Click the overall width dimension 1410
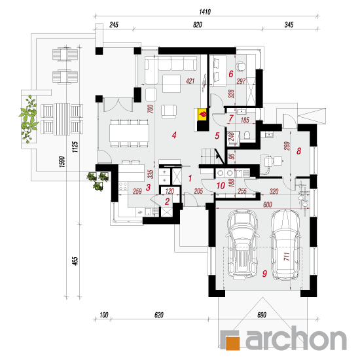tap(205, 12)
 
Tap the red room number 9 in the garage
tap(264, 274)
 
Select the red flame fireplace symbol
tap(203, 114)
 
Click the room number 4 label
tap(174, 135)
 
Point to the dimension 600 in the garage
tap(268, 204)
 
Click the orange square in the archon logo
tap(232, 343)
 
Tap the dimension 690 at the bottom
tap(262, 315)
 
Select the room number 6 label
tap(231, 74)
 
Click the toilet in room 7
tap(247, 135)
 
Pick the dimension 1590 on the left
tap(62, 162)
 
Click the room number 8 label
tap(298, 151)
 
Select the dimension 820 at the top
tap(197, 25)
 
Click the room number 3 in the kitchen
tap(148, 187)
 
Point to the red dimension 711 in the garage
tap(287, 256)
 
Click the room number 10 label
tap(221, 185)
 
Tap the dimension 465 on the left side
tap(75, 261)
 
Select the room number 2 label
tap(167, 202)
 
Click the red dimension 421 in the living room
tap(190, 81)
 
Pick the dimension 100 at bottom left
tap(104, 315)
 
